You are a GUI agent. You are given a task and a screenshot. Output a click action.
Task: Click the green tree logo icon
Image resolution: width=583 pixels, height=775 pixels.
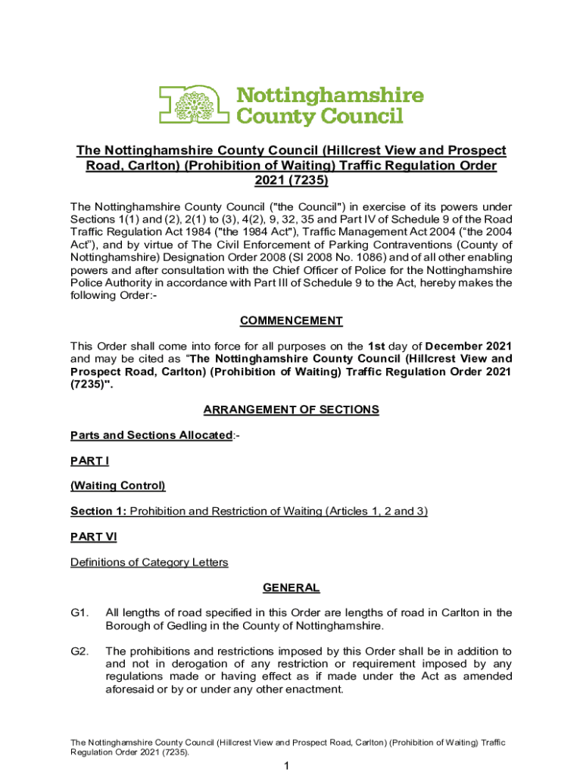193,104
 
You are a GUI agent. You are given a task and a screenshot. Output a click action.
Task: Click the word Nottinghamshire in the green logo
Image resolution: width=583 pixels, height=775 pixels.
331,96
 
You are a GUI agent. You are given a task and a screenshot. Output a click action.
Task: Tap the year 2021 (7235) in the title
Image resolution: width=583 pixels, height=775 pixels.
291,182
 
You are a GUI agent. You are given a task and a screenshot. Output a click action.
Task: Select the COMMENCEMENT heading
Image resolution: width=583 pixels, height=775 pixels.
291,321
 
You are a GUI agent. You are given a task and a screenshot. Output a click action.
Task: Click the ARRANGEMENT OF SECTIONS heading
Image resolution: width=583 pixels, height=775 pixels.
291,409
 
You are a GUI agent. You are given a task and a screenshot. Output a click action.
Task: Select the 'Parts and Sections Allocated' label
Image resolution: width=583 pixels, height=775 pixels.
151,435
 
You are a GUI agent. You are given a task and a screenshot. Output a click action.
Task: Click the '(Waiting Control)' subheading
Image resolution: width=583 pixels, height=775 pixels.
117,485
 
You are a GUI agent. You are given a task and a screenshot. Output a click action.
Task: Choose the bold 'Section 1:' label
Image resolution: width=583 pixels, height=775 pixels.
98,511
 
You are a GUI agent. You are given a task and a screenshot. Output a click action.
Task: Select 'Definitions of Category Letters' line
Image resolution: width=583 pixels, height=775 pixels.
149,562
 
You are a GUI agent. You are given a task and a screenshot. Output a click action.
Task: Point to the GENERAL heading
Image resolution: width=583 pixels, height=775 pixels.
291,587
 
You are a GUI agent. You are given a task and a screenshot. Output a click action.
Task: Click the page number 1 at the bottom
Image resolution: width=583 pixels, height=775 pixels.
288,767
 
